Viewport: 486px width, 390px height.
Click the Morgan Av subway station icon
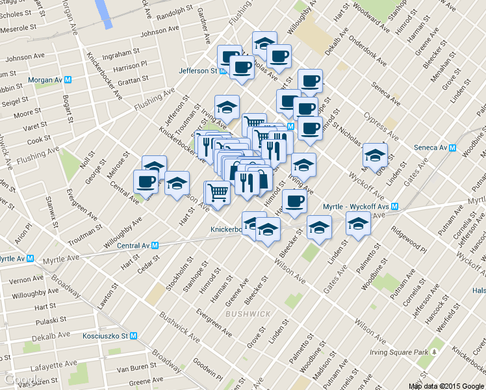pyautogui.click(x=68, y=80)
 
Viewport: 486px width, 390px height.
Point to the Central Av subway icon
pyautogui.click(x=155, y=246)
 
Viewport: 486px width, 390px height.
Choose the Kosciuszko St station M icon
pyautogui.click(x=133, y=336)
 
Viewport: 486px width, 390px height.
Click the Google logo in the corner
pyautogui.click(x=23, y=380)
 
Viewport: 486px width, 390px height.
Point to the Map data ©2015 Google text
pyautogui.click(x=446, y=385)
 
